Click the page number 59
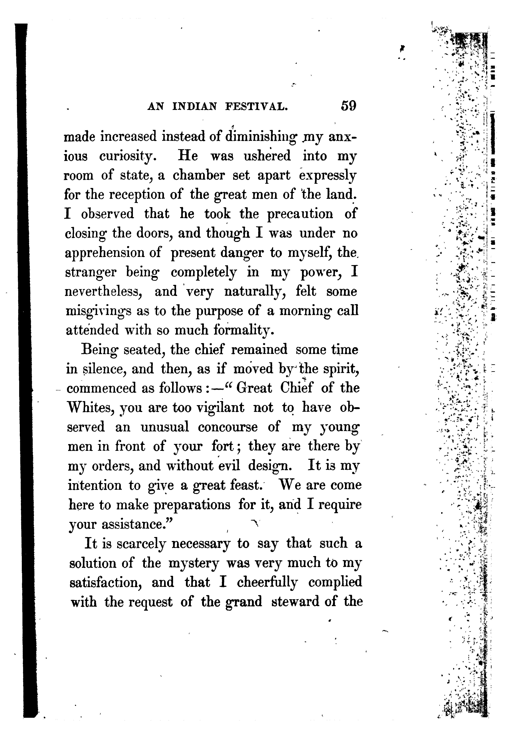(x=348, y=106)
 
